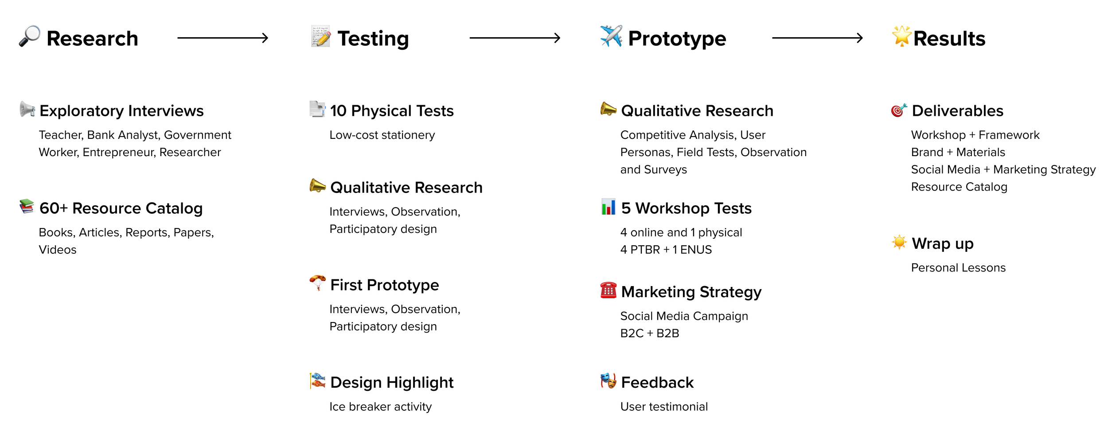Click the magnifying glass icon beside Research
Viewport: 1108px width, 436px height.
[30, 36]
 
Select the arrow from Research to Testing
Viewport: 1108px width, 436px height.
[223, 38]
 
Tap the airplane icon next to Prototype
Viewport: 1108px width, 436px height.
[611, 36]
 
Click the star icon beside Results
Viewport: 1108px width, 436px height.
[901, 36]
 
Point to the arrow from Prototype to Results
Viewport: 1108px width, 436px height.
[818, 38]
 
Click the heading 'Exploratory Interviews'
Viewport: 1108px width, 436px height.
[121, 111]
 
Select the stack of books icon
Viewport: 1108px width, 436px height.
[27, 206]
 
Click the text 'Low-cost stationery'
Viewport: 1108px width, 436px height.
[382, 135]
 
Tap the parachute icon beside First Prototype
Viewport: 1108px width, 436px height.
[317, 283]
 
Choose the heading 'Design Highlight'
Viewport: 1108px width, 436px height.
[392, 382]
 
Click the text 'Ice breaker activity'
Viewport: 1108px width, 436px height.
[380, 407]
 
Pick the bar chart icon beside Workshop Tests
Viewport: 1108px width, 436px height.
[609, 207]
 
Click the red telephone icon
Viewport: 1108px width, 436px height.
[609, 290]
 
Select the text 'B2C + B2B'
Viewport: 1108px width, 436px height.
[650, 333]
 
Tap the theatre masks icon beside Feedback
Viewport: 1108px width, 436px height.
[609, 381]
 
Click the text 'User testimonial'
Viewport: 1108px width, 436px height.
[664, 407]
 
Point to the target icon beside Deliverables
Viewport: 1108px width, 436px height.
[899, 110]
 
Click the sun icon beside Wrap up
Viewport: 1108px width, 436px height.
[899, 242]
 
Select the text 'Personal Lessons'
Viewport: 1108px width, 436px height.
[958, 268]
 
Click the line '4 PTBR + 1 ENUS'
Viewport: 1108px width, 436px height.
[666, 250]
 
